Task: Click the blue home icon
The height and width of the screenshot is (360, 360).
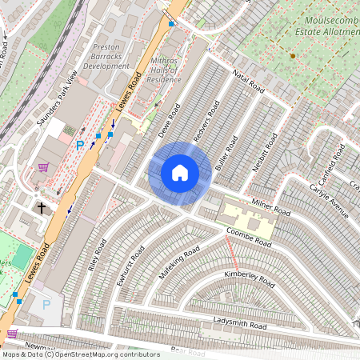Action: click(180, 172)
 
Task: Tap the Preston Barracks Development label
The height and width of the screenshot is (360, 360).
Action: click(106, 56)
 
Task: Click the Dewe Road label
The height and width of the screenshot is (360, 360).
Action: click(169, 118)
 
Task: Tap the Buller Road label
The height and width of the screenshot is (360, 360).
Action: click(227, 154)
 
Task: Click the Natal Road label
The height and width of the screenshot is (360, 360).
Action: click(248, 79)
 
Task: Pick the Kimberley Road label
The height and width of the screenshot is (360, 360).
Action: click(249, 278)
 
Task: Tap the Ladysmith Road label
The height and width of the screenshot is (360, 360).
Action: click(240, 323)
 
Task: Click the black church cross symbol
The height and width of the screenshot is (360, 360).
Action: click(42, 207)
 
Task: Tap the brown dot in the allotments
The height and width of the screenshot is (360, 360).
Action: click(293, 56)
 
